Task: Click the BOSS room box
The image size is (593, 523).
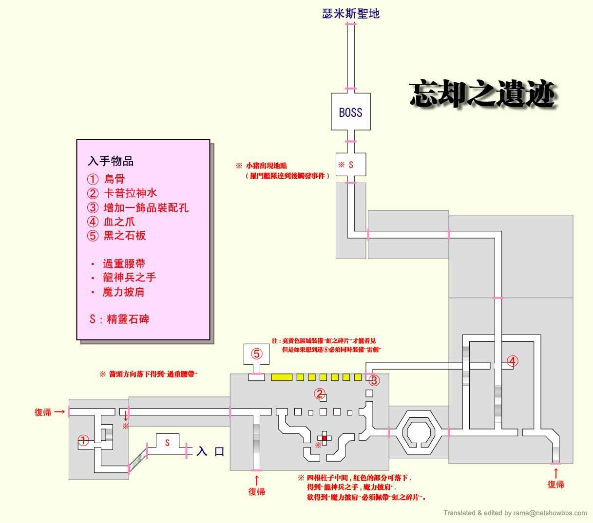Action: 351,112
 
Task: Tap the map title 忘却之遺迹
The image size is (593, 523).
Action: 482,94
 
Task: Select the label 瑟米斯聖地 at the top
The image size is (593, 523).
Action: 351,14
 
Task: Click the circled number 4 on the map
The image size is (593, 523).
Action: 512,361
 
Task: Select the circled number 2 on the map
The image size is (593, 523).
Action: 320,393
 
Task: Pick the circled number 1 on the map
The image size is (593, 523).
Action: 83,441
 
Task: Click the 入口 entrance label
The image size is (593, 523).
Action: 210,451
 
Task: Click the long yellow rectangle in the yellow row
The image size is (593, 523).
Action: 282,377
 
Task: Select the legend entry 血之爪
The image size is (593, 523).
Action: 119,222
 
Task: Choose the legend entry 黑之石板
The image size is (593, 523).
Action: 124,236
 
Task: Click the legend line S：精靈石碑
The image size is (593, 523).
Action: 119,319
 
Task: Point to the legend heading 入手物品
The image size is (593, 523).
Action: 111,161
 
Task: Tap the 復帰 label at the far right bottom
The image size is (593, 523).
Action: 555,484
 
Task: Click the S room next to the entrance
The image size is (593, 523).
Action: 167,443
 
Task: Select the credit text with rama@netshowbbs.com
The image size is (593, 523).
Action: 515,513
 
